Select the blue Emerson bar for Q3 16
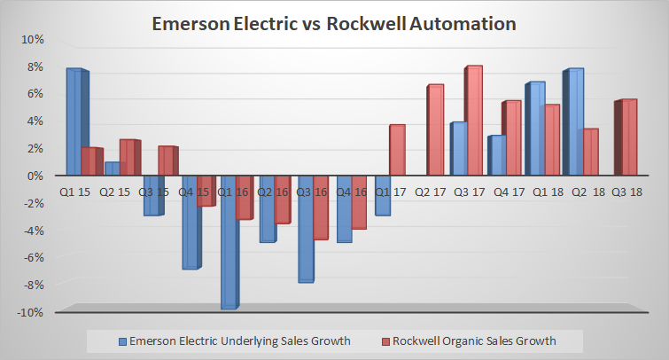306,228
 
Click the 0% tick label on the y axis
34,176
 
